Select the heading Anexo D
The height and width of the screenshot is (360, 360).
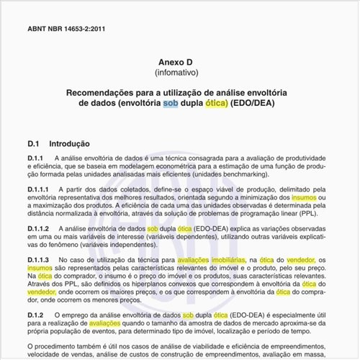179,63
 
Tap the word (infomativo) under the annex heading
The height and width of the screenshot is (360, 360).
179,73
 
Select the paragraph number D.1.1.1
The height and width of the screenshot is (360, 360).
41,189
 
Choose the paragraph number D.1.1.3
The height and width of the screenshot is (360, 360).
41,259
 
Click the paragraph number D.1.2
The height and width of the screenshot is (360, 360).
37,315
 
